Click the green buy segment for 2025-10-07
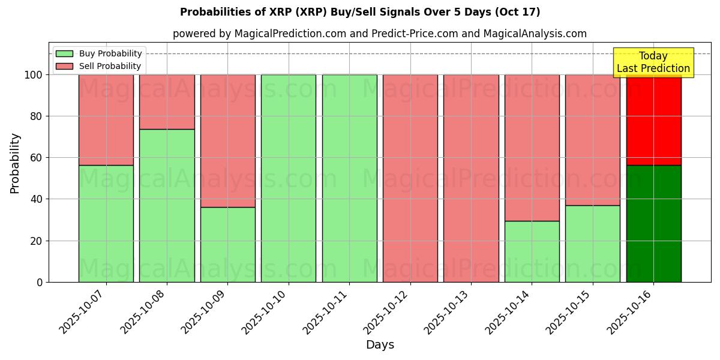click(106, 223)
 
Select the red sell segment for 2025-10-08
click(167, 102)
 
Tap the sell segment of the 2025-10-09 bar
click(228, 141)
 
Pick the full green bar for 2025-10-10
click(289, 178)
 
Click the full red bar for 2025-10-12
click(410, 178)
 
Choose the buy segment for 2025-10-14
click(532, 251)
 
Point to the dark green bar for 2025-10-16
click(653, 223)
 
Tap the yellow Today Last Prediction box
click(653, 62)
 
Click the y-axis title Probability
click(15, 163)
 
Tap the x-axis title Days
click(380, 345)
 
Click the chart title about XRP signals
click(360, 12)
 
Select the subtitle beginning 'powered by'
click(380, 34)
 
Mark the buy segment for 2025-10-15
click(593, 244)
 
